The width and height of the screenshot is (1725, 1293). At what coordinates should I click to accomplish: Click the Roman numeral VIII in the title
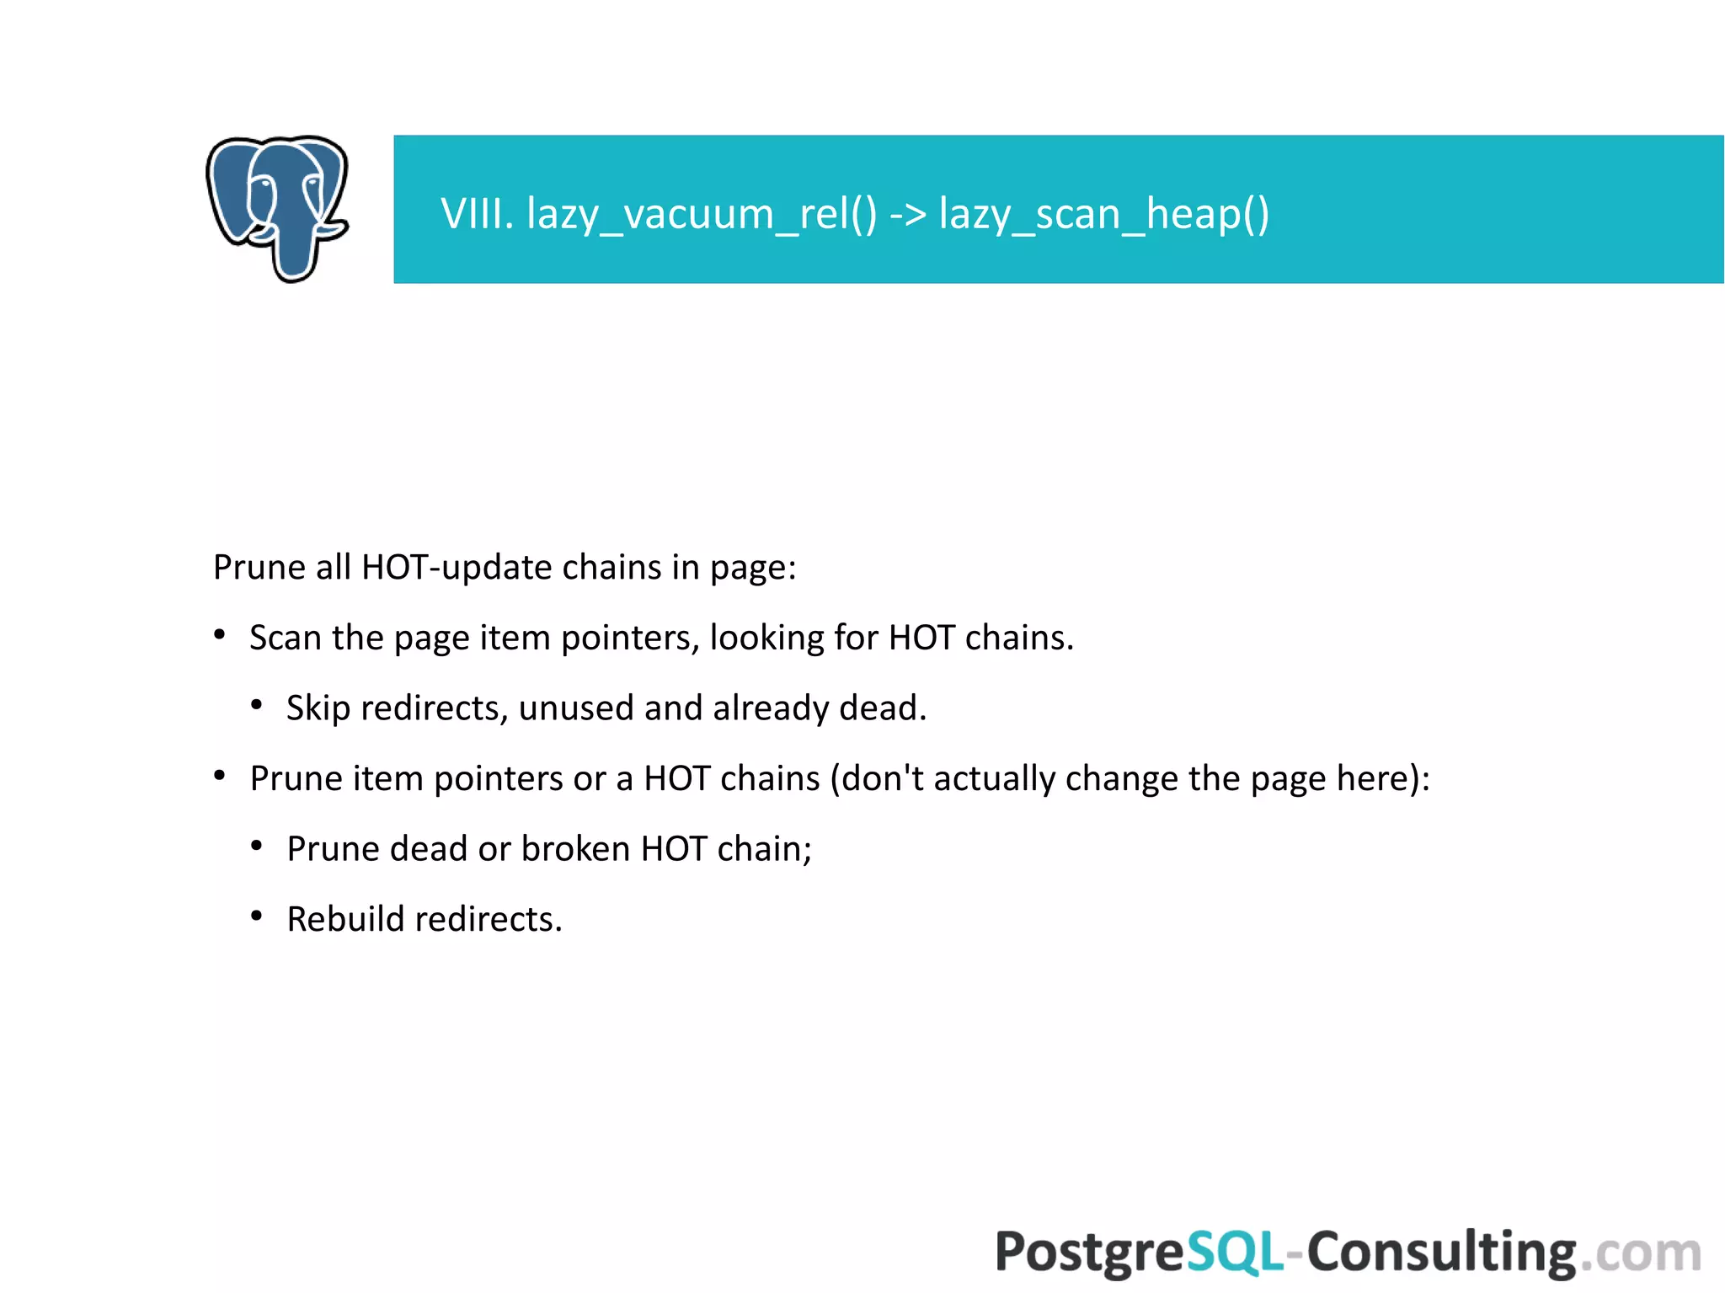[476, 213]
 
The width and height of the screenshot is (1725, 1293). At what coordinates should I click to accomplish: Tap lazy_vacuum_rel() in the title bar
[701, 215]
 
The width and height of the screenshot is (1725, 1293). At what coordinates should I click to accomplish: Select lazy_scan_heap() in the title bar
[1103, 215]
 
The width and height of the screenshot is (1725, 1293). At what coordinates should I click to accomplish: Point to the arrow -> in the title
[908, 215]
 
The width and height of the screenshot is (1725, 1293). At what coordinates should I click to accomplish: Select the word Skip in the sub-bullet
[318, 708]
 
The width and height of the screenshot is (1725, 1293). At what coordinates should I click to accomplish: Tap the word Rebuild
[345, 919]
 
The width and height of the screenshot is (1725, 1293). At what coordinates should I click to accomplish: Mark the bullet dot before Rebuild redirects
[257, 916]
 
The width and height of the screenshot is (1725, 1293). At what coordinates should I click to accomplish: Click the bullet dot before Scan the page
[220, 634]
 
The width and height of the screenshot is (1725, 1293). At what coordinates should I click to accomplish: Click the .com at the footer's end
[1640, 1253]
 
